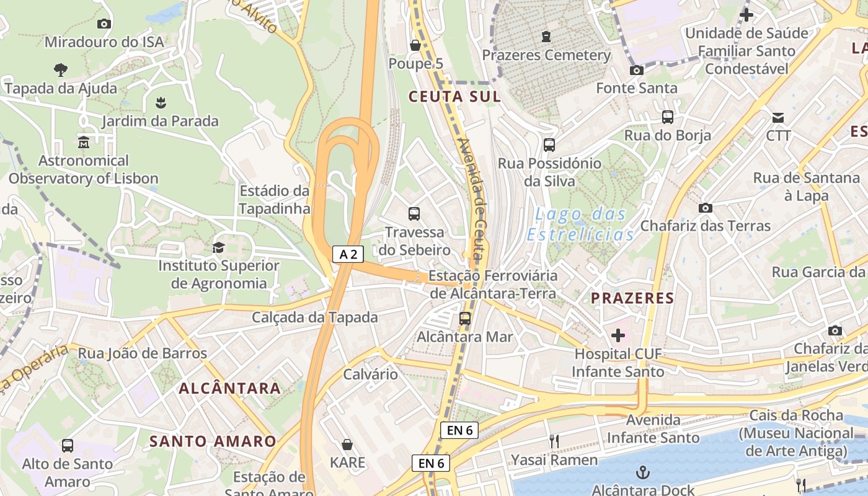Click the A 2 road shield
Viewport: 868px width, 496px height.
click(x=348, y=254)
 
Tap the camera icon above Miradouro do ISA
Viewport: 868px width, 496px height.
click(x=104, y=24)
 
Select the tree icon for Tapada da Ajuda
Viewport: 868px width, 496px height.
click(x=61, y=69)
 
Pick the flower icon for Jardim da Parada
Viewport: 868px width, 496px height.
click(x=161, y=102)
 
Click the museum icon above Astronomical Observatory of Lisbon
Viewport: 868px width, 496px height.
click(x=84, y=143)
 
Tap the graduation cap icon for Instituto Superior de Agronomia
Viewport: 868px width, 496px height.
click(x=218, y=247)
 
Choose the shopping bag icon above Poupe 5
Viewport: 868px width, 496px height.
click(x=415, y=45)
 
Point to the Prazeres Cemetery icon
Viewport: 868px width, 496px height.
click(x=546, y=37)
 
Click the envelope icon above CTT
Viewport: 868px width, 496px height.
click(x=778, y=117)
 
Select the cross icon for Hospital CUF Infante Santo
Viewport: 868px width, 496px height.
click(x=618, y=335)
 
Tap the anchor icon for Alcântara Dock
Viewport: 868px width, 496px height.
click(x=644, y=473)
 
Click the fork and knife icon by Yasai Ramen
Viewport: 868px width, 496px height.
click(x=554, y=441)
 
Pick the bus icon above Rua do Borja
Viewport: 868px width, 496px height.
click(x=667, y=117)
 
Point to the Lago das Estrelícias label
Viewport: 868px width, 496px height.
click(x=580, y=224)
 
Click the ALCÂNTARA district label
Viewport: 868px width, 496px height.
click(x=230, y=389)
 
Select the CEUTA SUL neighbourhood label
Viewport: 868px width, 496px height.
click(x=454, y=97)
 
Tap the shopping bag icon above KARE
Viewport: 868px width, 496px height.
click(x=347, y=445)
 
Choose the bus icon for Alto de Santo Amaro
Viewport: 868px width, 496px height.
click(x=68, y=445)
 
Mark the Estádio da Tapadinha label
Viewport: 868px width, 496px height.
click(x=274, y=199)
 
